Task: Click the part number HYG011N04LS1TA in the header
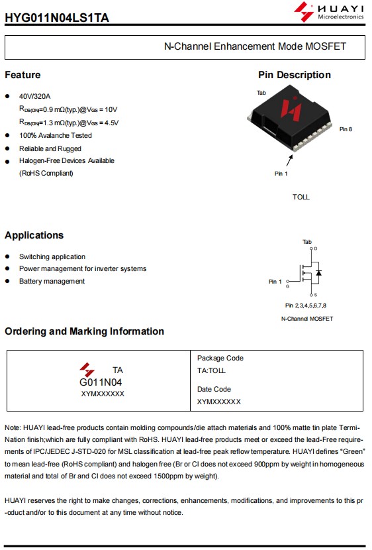57,17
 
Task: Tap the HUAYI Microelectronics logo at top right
329,11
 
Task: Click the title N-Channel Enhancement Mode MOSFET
255,46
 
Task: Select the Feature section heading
23,75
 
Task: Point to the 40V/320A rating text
34,96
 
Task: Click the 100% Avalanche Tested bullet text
56,135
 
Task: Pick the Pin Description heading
295,75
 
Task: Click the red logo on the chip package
291,109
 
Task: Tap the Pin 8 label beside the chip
346,129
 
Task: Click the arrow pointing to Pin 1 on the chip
289,160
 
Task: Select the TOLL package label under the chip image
301,197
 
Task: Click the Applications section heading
34,235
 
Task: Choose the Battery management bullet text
52,281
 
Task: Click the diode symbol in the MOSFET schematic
318,272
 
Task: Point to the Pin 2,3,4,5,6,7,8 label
305,305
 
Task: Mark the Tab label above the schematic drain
307,242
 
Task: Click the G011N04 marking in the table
101,382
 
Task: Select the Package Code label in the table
220,358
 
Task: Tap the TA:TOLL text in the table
211,370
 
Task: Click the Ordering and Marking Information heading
84,331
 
